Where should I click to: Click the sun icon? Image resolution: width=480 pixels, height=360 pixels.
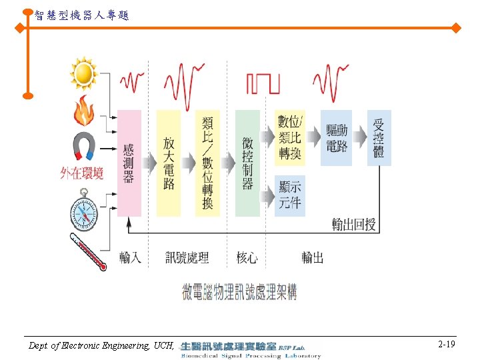pyautogui.click(x=83, y=73)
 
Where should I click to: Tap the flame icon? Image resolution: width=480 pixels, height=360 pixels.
pyautogui.click(x=83, y=111)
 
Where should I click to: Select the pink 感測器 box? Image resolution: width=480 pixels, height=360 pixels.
pyautogui.click(x=129, y=163)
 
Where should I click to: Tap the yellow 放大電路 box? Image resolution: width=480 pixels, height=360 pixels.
pyautogui.click(x=169, y=163)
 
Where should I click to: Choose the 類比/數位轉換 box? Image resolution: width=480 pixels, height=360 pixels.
pyautogui.click(x=207, y=163)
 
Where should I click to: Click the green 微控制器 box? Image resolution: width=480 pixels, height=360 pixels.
pyautogui.click(x=247, y=163)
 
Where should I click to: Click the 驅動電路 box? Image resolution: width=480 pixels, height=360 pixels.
pyautogui.click(x=337, y=137)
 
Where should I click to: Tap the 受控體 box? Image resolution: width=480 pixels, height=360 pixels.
pyautogui.click(x=379, y=137)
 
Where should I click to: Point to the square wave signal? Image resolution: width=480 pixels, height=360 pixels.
pyautogui.click(x=263, y=83)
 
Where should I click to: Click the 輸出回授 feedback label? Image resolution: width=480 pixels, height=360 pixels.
pyautogui.click(x=354, y=225)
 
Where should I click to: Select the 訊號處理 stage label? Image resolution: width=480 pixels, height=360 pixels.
pyautogui.click(x=187, y=257)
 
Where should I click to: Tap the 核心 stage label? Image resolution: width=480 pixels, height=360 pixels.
pyautogui.click(x=247, y=257)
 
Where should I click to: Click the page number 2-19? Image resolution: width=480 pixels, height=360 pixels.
pyautogui.click(x=447, y=345)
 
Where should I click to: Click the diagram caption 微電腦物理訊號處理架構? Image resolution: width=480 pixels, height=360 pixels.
pyautogui.click(x=239, y=292)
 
